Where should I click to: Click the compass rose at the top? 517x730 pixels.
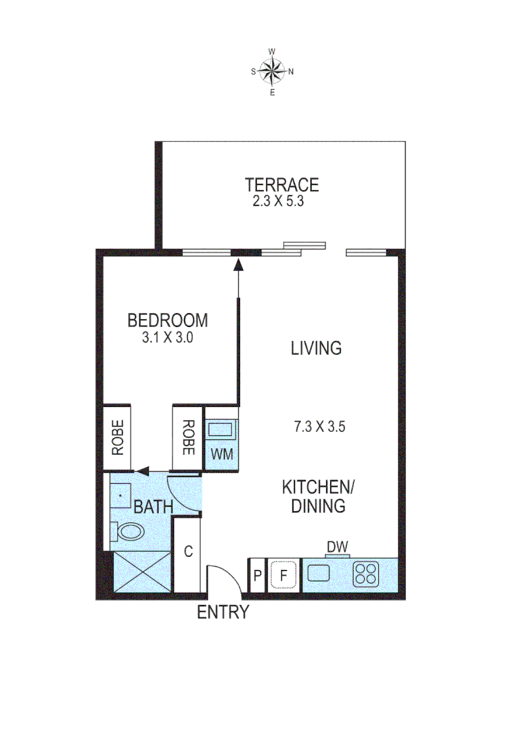272,70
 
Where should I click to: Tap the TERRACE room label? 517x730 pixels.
282,185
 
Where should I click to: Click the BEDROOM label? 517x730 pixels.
168,320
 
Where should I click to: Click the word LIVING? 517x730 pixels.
316,349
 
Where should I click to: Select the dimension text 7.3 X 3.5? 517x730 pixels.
320,427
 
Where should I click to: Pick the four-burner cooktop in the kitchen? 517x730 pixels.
365,575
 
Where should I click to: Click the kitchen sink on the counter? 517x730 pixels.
318,574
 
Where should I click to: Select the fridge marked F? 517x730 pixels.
284,576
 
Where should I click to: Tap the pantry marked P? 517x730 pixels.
257,576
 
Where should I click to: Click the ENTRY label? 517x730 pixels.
223,613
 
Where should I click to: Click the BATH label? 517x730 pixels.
153,507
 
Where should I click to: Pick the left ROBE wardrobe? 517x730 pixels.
118,437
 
